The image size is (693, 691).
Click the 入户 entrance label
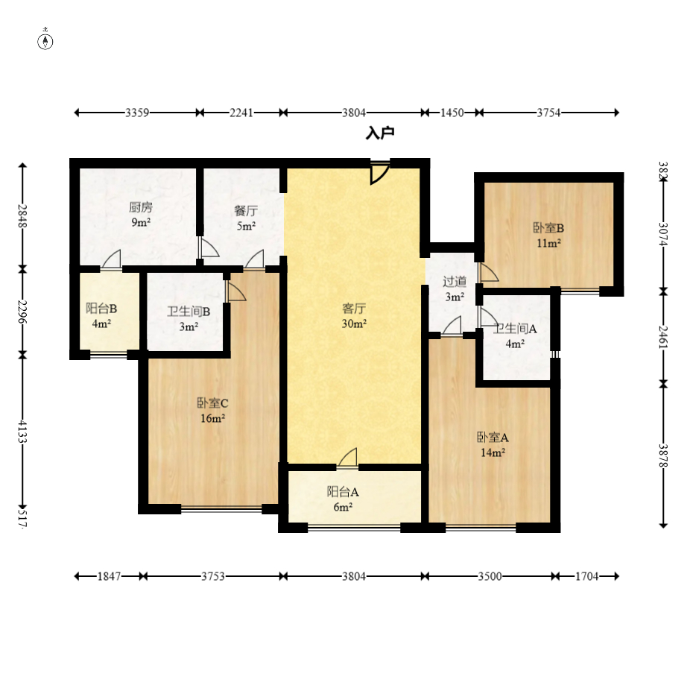point(380,133)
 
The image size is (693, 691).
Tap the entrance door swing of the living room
point(379,173)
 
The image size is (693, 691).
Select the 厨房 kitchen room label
point(141,207)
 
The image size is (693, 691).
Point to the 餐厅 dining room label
point(246,210)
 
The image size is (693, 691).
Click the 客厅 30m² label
point(353,315)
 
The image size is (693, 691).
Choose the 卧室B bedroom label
point(548,228)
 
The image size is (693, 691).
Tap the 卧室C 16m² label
point(212,410)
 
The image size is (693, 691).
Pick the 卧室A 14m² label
point(493,445)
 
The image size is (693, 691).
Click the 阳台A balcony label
point(343,492)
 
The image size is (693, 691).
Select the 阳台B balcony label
point(101,308)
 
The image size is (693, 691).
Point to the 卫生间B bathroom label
point(189,312)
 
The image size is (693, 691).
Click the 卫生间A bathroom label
point(515,329)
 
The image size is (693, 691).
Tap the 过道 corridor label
point(455,281)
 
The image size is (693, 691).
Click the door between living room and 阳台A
point(347,458)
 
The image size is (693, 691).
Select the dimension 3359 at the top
point(137,113)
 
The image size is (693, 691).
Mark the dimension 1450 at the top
point(452,113)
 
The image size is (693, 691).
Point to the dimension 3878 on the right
point(663,455)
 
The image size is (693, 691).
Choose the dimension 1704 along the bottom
point(587,576)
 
